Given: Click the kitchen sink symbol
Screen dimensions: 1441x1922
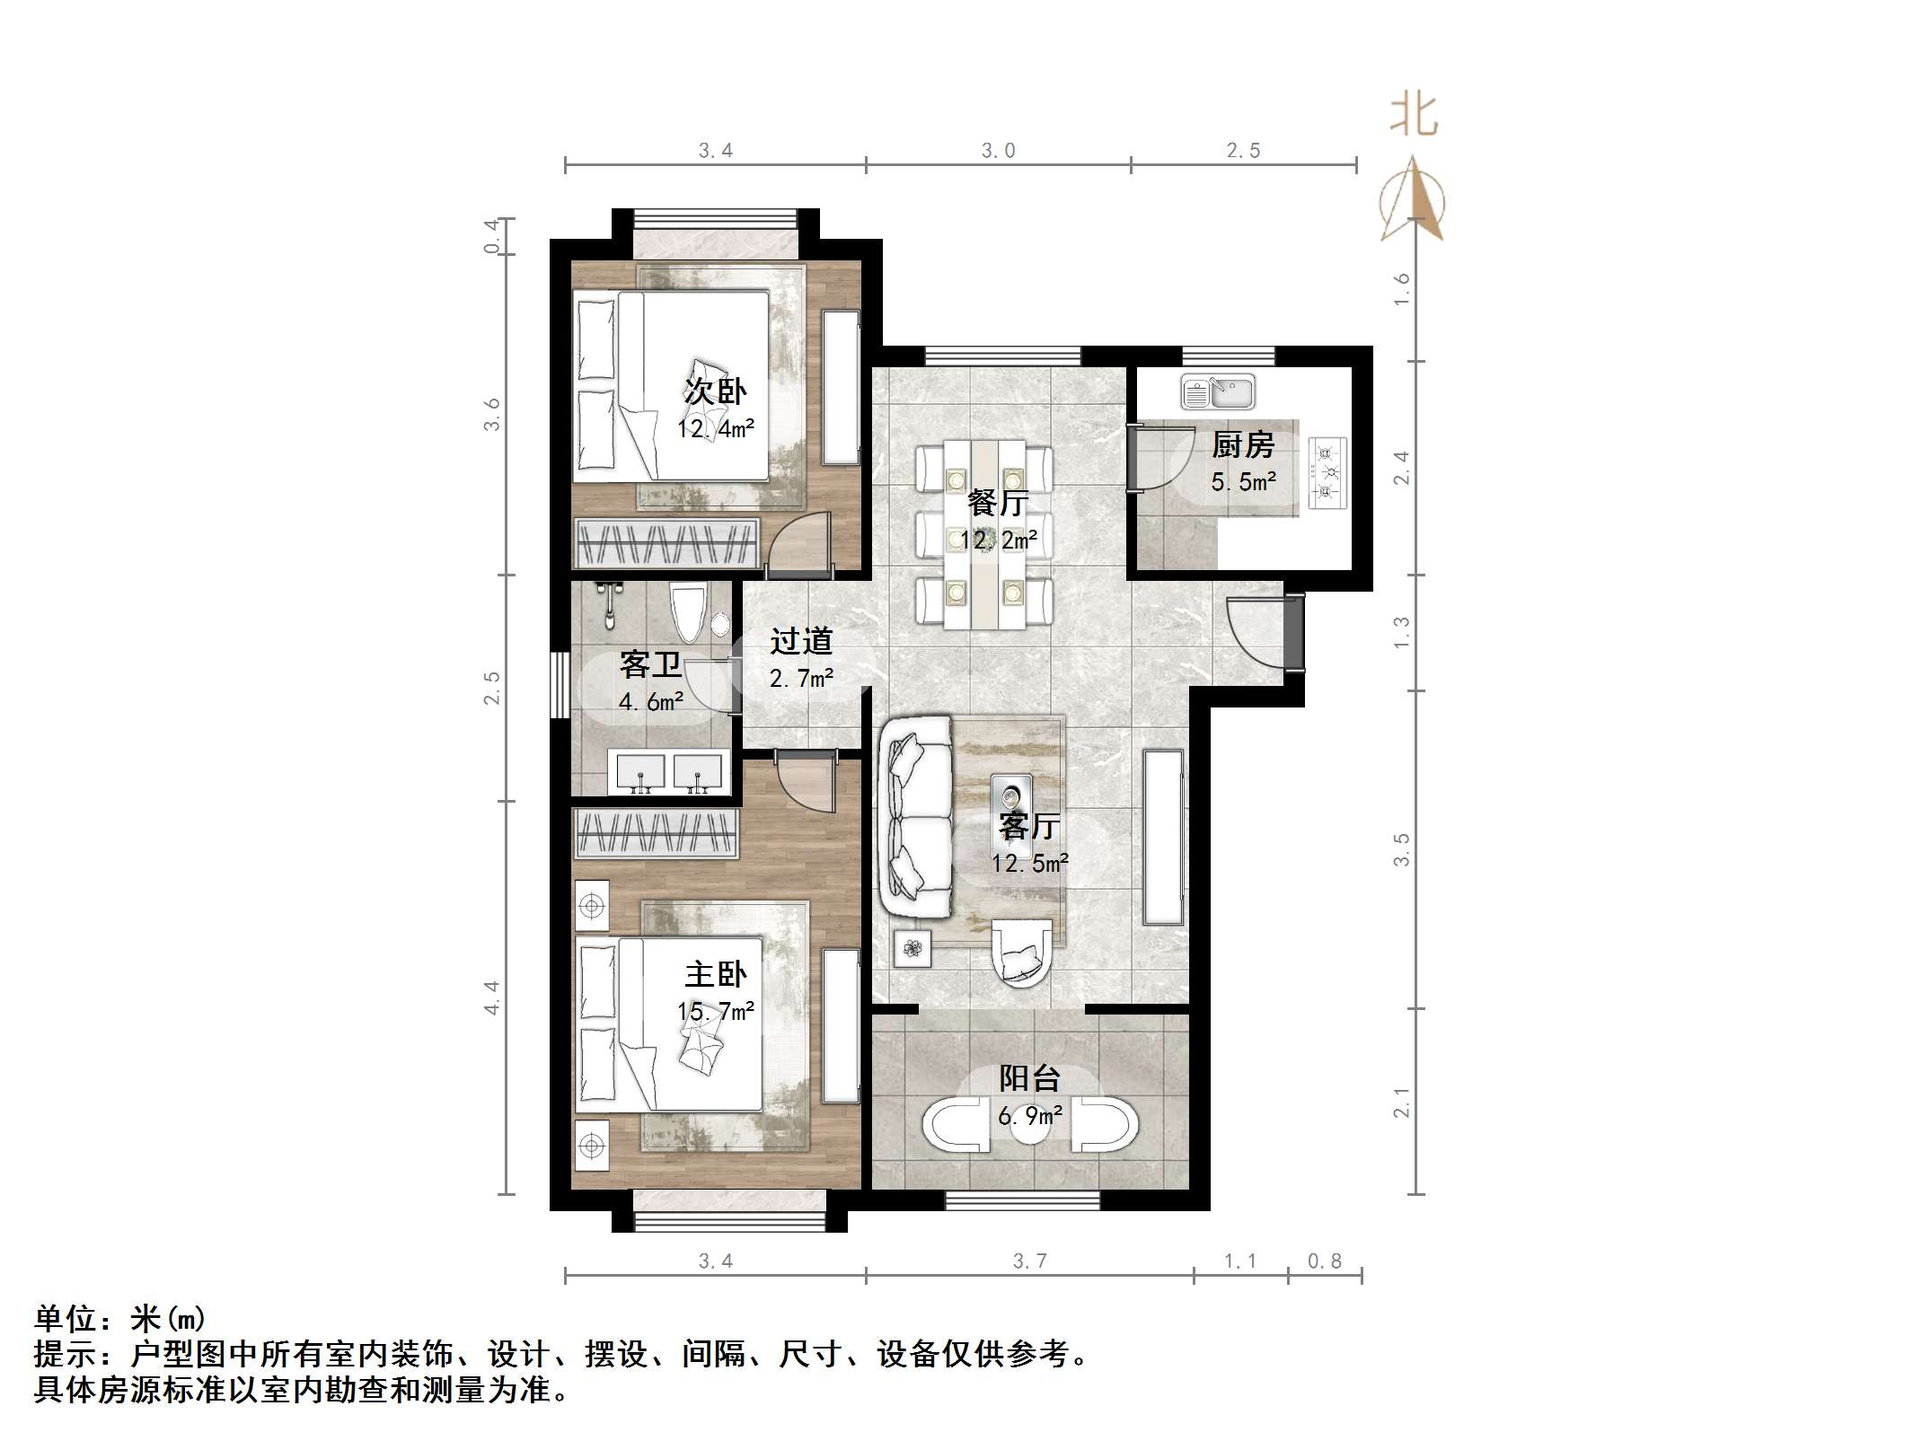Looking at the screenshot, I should point(1218,392).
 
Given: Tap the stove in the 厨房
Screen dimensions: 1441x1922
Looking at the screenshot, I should point(1327,473).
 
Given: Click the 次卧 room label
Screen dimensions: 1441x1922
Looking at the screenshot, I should point(715,391).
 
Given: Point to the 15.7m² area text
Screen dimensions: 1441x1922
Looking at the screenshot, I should point(715,1012).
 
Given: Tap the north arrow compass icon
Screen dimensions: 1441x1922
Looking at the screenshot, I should point(1414,199).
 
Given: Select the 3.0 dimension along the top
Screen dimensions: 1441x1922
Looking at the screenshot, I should point(998,151).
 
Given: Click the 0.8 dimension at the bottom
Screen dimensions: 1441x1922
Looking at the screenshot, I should point(1324,1261).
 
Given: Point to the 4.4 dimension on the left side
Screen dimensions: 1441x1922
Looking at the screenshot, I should point(491,997).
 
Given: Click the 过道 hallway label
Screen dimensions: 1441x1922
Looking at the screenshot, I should point(801,641).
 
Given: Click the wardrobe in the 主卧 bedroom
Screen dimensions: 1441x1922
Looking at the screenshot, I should point(657,832).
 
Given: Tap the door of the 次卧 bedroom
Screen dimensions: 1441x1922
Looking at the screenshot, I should point(801,548).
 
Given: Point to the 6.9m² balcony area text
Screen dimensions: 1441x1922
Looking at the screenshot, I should point(1030,1116).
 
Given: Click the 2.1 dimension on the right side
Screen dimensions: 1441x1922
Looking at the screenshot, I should point(1401,1103).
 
